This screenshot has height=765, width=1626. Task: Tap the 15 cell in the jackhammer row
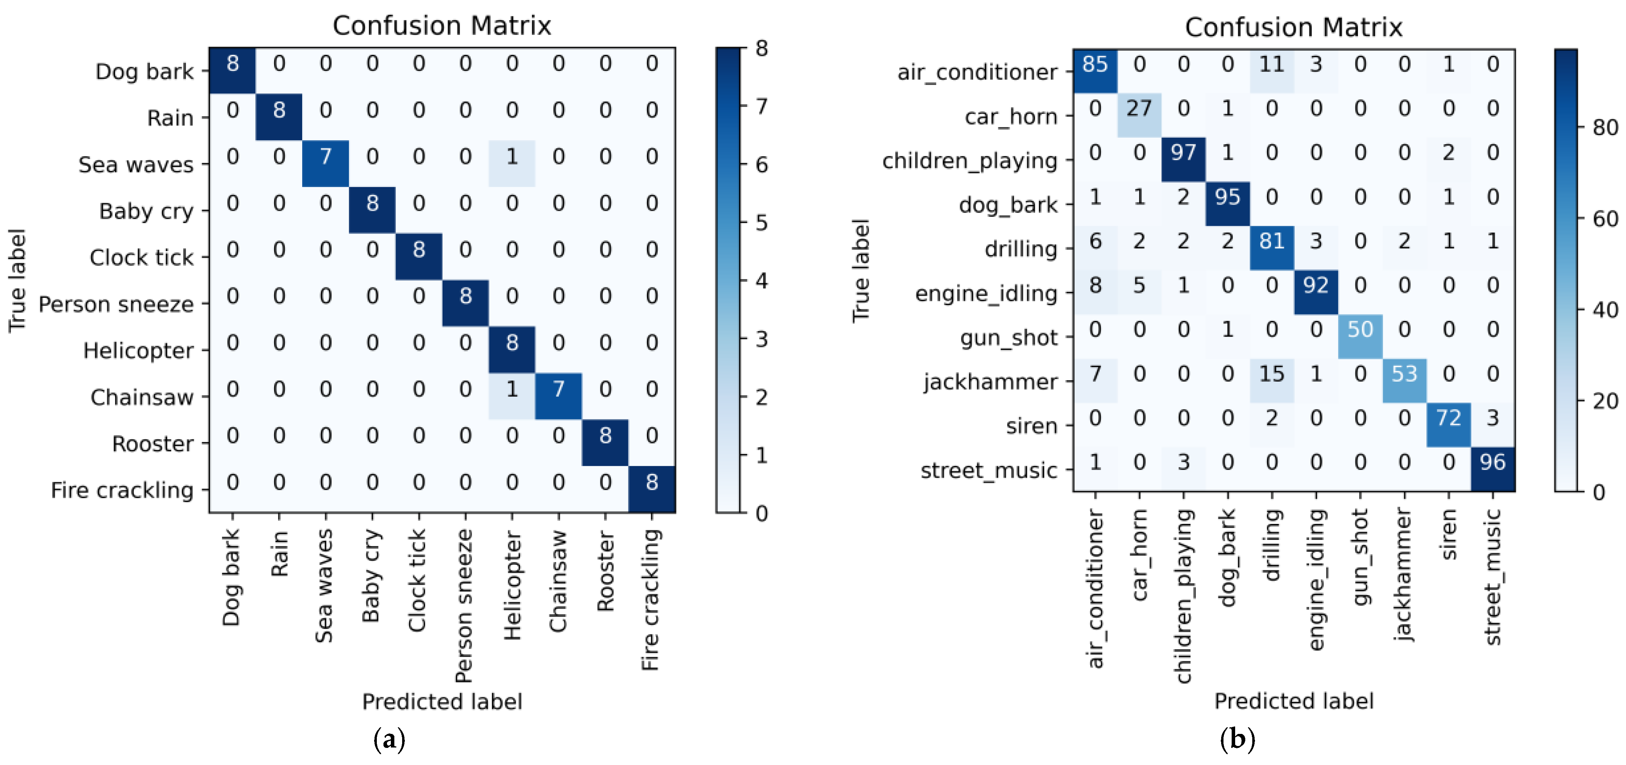tap(1271, 375)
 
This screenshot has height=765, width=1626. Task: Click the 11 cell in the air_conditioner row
tap(1271, 65)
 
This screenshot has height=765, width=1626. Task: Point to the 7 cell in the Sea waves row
tap(326, 157)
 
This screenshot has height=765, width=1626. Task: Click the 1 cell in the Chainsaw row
tap(512, 390)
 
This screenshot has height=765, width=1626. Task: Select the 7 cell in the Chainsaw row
tap(558, 390)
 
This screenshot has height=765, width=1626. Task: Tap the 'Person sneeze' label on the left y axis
tap(116, 305)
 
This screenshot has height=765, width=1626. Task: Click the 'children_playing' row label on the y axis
tap(970, 161)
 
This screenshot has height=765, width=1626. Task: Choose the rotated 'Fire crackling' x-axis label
tap(651, 599)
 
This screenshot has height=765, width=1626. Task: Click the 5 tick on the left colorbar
tap(762, 223)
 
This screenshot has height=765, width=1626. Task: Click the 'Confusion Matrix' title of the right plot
tap(1293, 27)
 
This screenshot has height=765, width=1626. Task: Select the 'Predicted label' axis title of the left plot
tap(442, 701)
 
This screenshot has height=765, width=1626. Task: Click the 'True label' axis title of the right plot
tap(861, 271)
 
